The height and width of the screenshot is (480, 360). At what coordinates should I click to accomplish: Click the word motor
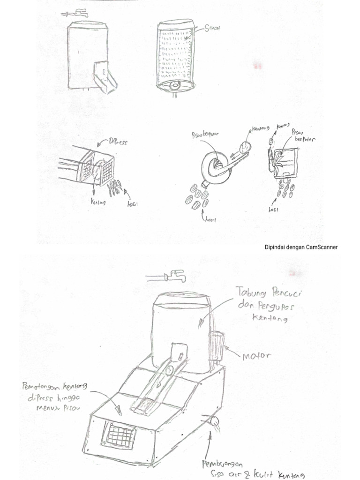[x=257, y=356]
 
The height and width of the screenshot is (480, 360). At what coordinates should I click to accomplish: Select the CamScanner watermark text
[x=301, y=247]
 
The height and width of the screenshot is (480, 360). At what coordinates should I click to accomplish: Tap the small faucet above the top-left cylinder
[x=74, y=13]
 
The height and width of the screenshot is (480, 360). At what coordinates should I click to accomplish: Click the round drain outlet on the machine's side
[x=214, y=420]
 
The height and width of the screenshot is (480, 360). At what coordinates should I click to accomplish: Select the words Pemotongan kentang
[x=55, y=387]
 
